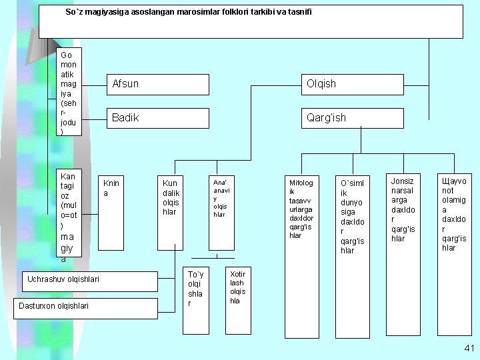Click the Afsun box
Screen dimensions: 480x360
coord(158,85)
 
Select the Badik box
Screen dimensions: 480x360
coord(158,118)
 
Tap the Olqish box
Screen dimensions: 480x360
coord(353,85)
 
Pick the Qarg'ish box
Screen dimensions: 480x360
coord(353,118)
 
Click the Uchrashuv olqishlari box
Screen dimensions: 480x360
coord(90,281)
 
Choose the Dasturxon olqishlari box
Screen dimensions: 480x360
coord(86,309)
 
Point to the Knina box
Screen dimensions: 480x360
coord(111,213)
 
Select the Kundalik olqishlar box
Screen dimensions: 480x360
coord(170,213)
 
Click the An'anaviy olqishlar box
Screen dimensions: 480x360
coord(221,213)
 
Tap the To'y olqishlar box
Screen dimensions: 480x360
coord(196,301)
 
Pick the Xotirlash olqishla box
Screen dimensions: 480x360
coord(238,301)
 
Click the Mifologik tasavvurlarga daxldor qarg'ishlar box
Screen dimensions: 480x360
coord(302,257)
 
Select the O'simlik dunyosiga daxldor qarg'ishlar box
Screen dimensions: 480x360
coord(353,257)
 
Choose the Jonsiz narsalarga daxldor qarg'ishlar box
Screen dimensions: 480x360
coord(403,255)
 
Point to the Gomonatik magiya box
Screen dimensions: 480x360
coord(69,91)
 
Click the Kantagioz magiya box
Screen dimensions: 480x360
coord(69,213)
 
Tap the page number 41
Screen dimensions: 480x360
coord(469,348)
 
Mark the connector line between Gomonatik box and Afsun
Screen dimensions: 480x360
coord(94,85)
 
